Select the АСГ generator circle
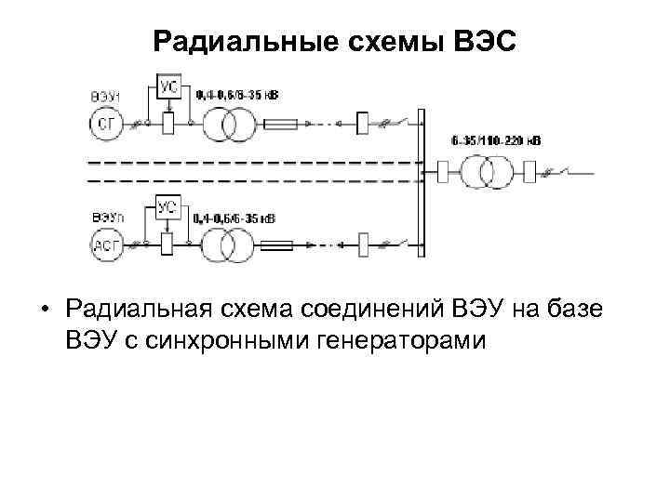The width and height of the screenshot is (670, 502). click(106, 245)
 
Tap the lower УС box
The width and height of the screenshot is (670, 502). click(168, 208)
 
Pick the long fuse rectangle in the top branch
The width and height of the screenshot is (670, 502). click(281, 124)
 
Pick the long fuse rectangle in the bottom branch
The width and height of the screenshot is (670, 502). click(279, 247)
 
